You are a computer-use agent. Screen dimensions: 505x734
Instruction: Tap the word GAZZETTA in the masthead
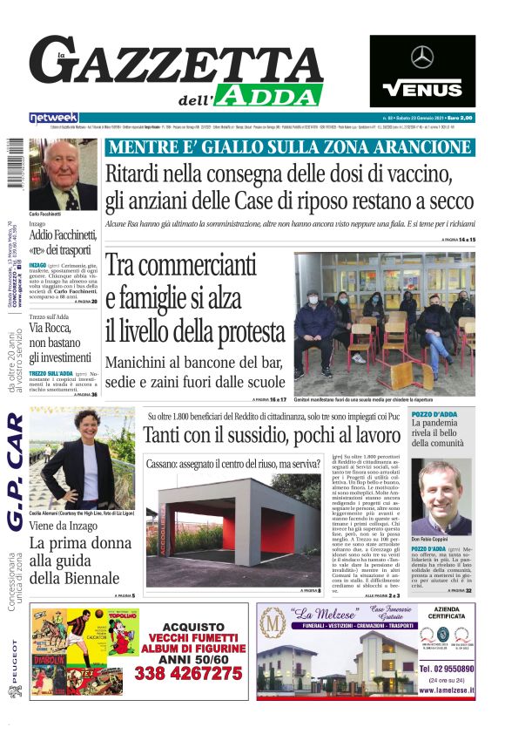[174, 63]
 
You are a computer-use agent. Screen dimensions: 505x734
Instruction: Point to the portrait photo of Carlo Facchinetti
[64, 174]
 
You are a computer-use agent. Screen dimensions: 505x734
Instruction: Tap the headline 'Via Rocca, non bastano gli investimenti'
[60, 342]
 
